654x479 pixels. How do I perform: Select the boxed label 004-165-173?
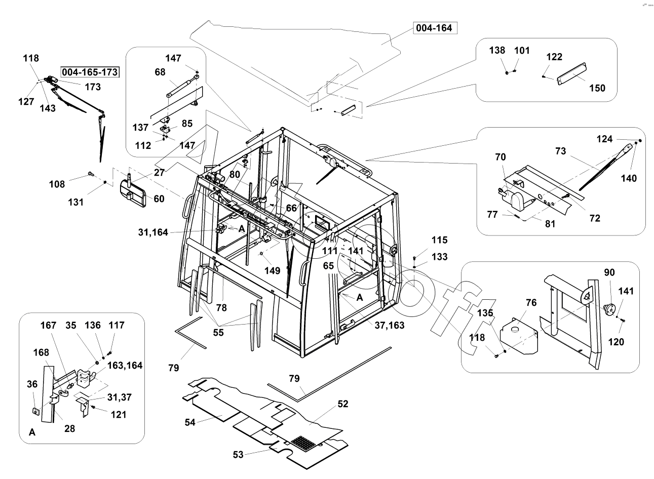pos(90,72)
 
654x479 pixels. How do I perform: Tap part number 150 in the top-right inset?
pos(597,88)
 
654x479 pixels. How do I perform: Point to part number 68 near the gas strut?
pos(160,72)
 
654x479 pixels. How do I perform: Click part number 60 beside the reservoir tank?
pos(159,198)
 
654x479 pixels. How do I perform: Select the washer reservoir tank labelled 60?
pos(133,193)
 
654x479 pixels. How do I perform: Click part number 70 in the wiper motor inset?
pos(500,157)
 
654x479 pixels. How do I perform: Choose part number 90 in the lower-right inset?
pos(609,272)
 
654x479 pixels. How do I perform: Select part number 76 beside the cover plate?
pos(531,303)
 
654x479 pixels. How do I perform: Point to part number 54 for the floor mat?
pos(189,422)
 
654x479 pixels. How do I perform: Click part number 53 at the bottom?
pos(238,454)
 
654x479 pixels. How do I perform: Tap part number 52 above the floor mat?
pos(343,404)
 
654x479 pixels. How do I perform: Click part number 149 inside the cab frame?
pos(272,270)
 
